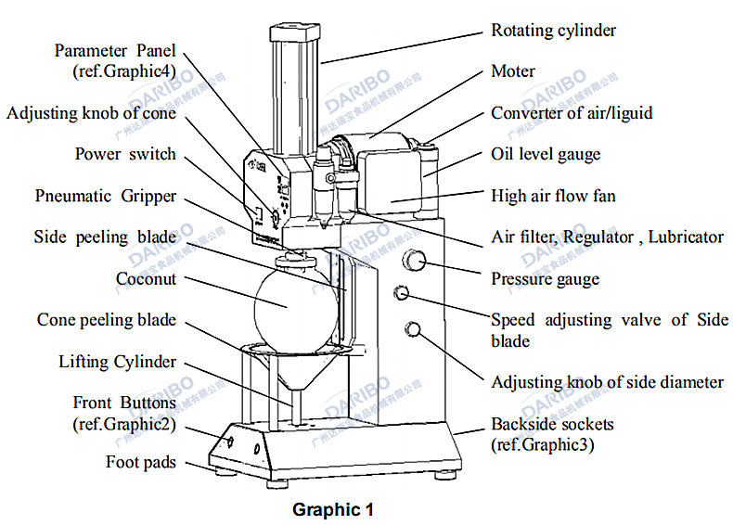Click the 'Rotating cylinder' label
[x=553, y=31]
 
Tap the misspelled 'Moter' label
[x=512, y=71]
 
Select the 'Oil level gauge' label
[x=546, y=154]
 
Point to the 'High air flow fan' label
[x=553, y=196]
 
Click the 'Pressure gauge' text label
[x=545, y=278]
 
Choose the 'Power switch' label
[x=125, y=154]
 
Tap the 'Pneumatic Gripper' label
[x=106, y=196]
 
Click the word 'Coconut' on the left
[x=146, y=278]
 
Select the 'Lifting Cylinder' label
[x=117, y=361]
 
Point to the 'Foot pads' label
[x=141, y=461]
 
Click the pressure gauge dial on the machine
[x=415, y=262]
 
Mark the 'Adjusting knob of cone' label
[x=91, y=113]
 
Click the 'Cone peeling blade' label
[x=107, y=320]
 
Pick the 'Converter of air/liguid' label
[x=572, y=113]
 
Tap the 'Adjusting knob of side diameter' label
[x=607, y=381]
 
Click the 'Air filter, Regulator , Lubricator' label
[x=607, y=237]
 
